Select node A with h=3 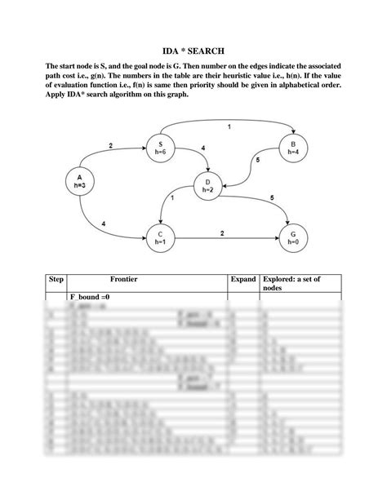[79, 181]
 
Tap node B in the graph [291, 148]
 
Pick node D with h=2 [208, 185]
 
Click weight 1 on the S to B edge [229, 127]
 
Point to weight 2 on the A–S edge [111, 146]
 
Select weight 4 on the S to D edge [202, 148]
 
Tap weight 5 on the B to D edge [258, 161]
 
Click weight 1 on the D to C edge [172, 197]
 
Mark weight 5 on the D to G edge [272, 197]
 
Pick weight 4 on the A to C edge [104, 223]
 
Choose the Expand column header [243, 280]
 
